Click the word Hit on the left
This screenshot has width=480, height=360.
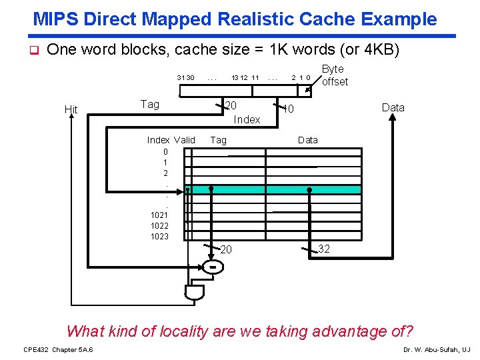(x=71, y=109)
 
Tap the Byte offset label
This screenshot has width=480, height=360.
(x=334, y=75)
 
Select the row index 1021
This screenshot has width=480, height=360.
(x=159, y=215)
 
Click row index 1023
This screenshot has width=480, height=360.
(x=159, y=236)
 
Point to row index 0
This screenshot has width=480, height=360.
(x=165, y=151)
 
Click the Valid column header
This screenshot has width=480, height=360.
(x=184, y=140)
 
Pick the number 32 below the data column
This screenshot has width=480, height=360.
(x=325, y=249)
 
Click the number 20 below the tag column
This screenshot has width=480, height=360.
(x=226, y=249)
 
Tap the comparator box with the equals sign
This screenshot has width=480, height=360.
(x=212, y=267)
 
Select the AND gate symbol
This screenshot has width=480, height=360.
(x=193, y=293)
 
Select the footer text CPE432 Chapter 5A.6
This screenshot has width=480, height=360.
(x=58, y=349)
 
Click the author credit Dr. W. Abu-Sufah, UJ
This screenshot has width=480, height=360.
(x=437, y=349)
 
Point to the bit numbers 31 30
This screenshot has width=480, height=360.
(x=185, y=78)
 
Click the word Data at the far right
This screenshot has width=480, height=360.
(x=393, y=107)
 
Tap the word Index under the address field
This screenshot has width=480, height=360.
(x=247, y=119)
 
